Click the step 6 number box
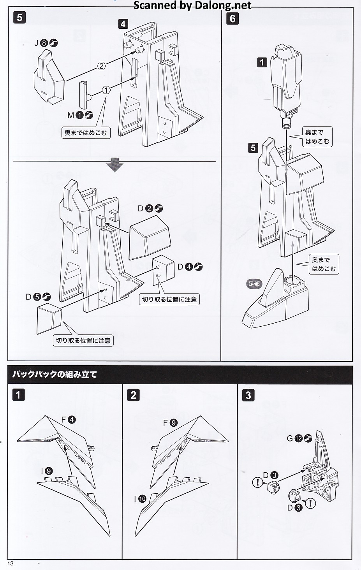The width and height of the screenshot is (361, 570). [232, 19]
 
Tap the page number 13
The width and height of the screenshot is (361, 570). [11, 563]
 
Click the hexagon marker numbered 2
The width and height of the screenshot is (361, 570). [101, 66]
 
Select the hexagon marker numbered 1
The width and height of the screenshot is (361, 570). [106, 90]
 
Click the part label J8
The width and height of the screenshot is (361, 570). [46, 43]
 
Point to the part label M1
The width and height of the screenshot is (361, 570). [80, 115]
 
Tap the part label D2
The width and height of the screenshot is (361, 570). [150, 208]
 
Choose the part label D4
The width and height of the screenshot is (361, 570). [190, 267]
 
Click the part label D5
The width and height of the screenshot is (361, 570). [38, 297]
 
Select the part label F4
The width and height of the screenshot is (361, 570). [69, 419]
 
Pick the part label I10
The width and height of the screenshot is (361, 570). [140, 499]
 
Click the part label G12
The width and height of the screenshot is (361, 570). [299, 438]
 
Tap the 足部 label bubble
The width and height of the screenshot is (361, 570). [254, 283]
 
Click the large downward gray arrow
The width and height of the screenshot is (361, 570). [114, 165]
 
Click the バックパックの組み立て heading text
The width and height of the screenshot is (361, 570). [55, 374]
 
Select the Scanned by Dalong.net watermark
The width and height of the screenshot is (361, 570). [192, 5]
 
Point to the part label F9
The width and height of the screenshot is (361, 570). [170, 423]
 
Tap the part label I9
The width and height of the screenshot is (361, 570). [47, 471]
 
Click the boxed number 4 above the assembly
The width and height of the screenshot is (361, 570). [123, 24]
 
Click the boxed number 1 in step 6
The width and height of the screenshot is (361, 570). [262, 62]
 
